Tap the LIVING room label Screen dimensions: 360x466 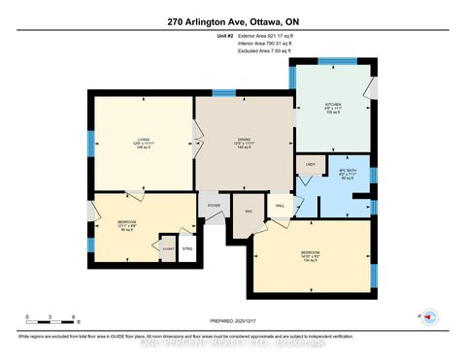point(143,141)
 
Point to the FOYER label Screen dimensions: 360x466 point(214,207)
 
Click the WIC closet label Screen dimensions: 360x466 point(249,210)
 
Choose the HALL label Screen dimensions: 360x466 point(280,206)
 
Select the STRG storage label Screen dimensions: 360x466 point(187,248)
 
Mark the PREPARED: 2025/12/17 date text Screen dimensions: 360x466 point(234,322)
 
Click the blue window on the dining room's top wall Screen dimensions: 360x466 point(224,93)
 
